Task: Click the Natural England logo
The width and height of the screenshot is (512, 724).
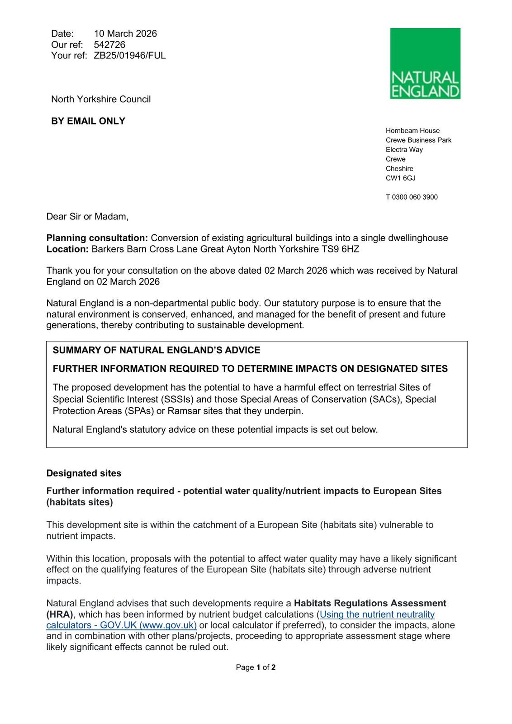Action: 425,63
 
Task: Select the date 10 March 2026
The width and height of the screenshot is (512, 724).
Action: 125,33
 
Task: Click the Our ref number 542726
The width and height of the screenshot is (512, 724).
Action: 109,44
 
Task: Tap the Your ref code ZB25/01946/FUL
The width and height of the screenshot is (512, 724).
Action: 130,55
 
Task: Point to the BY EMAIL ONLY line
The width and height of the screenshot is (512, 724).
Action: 88,121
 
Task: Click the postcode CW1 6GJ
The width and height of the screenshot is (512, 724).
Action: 400,178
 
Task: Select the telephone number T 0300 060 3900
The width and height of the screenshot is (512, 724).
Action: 412,197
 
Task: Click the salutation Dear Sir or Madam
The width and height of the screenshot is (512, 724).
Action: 87,216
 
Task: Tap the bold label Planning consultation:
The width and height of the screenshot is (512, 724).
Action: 97,238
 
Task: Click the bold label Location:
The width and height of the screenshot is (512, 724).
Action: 67,249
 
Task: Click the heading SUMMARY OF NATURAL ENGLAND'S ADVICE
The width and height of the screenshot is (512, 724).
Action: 156,350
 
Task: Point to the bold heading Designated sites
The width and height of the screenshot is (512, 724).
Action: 84,473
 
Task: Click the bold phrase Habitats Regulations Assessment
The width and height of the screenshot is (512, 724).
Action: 370,603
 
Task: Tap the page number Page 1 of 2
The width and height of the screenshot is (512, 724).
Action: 256,667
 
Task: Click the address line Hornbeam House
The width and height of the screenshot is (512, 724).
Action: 412,130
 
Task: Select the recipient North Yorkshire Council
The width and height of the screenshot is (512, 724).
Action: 101,99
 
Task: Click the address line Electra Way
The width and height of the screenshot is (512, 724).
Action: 404,149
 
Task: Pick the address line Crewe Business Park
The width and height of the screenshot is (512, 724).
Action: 418,140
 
